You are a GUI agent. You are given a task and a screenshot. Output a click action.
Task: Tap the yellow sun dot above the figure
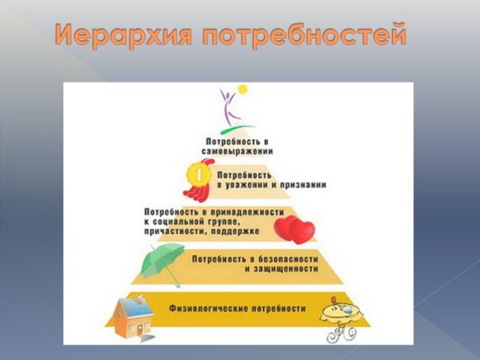click(x=242, y=89)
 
